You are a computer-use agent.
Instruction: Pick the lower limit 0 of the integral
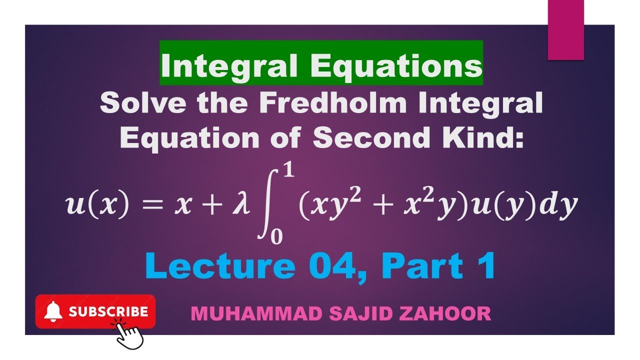pyautogui.click(x=276, y=237)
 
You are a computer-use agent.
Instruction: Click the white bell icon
pyautogui.click(x=53, y=312)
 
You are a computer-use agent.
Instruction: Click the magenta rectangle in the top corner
pyautogui.click(x=565, y=30)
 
